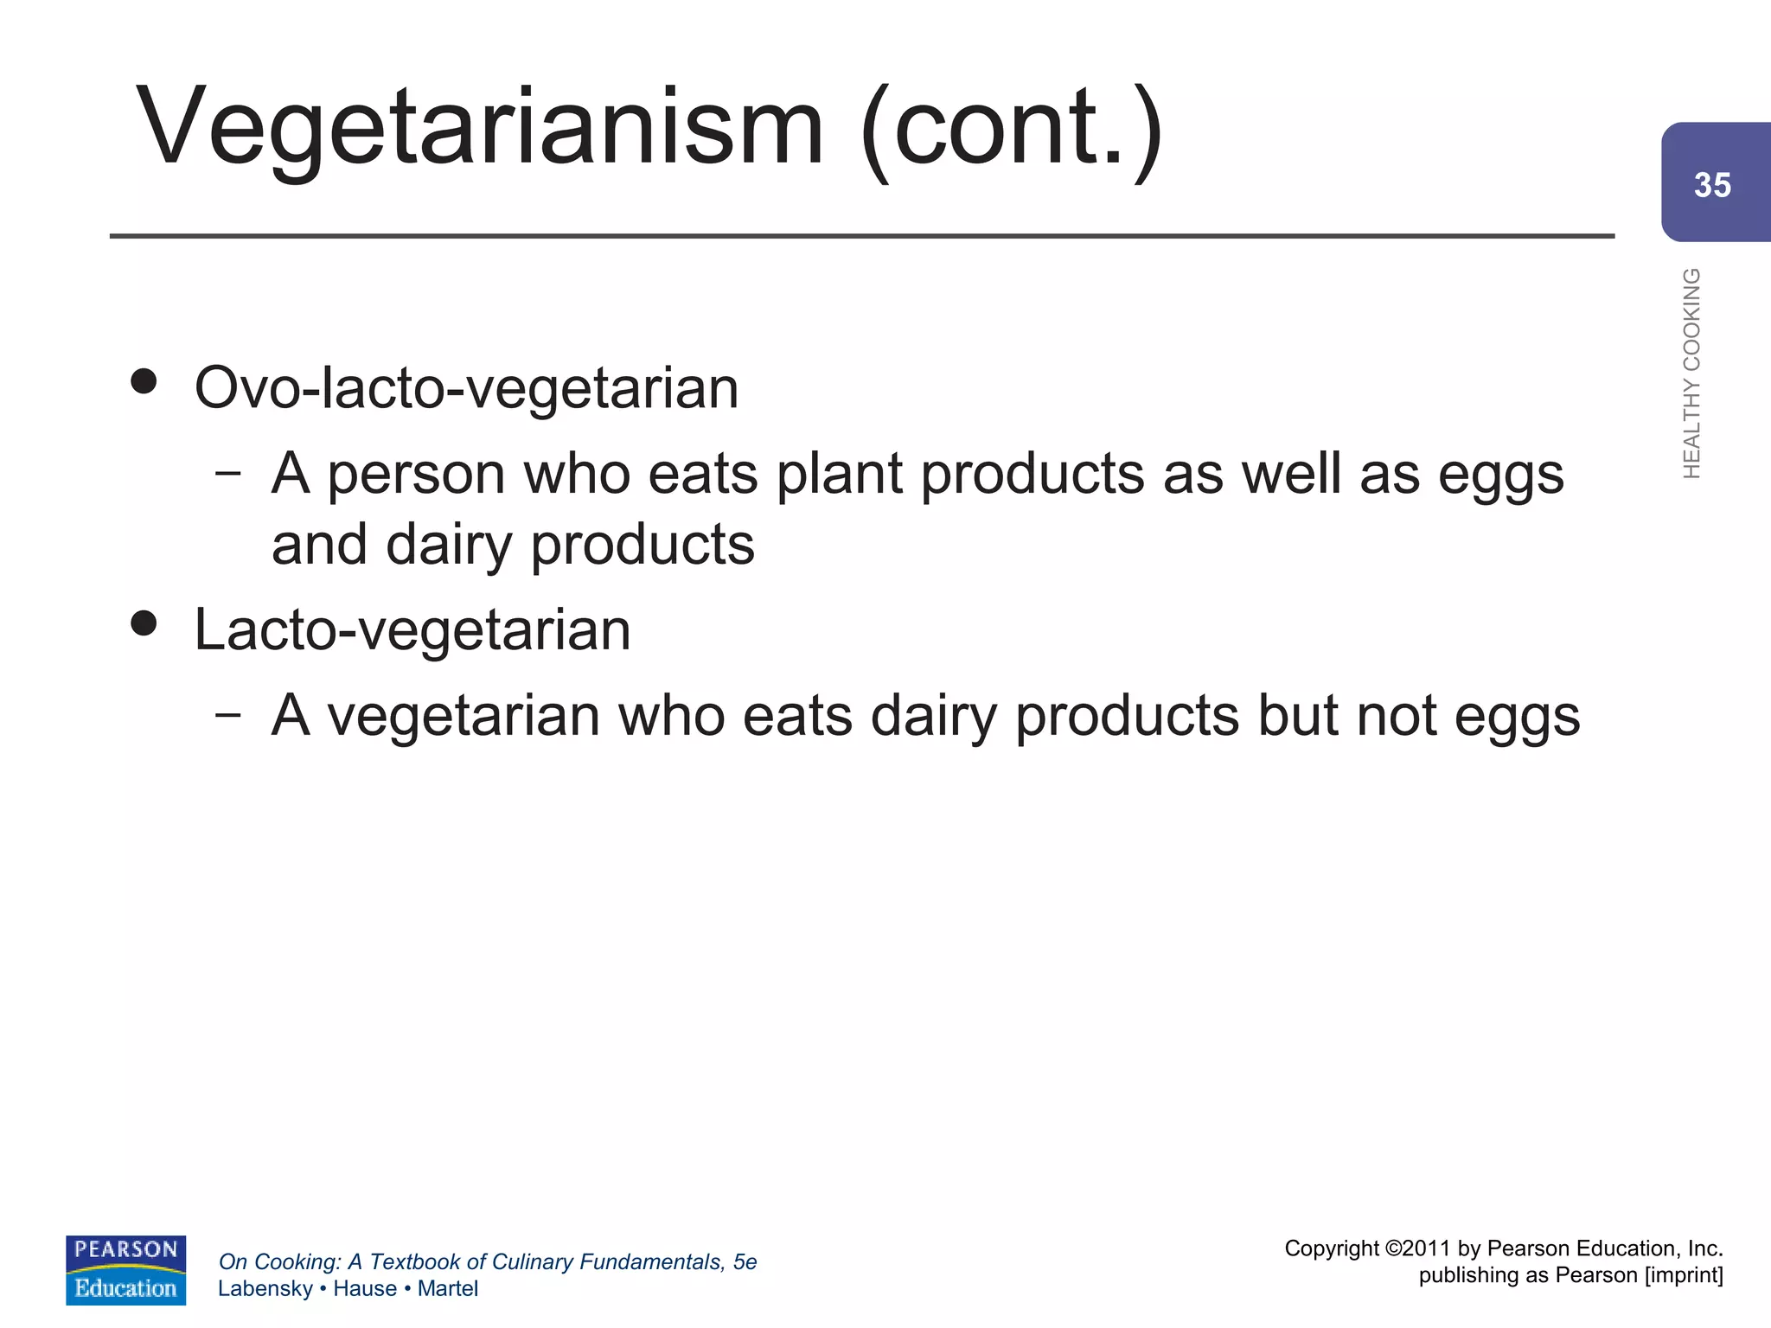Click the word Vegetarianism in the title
480,128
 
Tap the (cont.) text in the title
1013,130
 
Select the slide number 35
1712,185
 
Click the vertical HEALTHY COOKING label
1691,373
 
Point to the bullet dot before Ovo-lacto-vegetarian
144,381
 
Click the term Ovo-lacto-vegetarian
467,387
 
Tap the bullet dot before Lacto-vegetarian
144,622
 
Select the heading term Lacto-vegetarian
412,629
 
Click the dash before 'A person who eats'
228,473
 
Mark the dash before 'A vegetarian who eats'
228,714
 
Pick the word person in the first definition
416,475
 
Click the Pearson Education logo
126,1269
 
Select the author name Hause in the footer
365,1288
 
